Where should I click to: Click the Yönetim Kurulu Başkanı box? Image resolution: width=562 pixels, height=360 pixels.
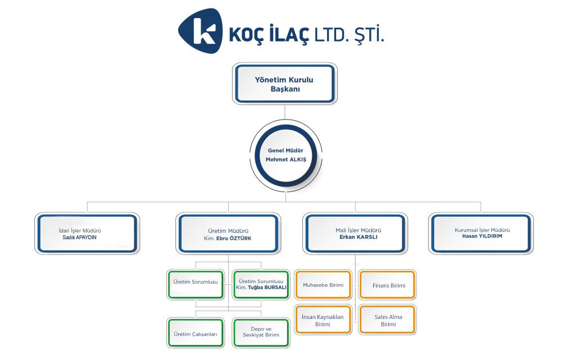285,84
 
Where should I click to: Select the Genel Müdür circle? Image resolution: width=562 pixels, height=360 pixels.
285,156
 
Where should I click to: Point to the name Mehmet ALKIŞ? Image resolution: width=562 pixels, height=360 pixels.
286,160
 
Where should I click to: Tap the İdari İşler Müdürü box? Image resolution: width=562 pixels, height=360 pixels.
87,234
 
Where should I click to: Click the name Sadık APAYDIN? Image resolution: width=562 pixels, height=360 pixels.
80,238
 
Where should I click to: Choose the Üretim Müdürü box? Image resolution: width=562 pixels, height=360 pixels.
228,234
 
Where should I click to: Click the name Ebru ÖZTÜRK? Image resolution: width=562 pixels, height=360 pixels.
234,238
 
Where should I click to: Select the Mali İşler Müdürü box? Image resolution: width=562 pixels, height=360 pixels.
355,234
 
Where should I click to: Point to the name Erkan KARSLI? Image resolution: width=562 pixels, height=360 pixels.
359,237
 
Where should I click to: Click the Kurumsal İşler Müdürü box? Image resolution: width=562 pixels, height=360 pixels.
481,234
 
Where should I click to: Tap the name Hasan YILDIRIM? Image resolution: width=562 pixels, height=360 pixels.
482,236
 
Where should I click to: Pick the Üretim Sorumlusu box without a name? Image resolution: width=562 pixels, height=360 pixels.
196,284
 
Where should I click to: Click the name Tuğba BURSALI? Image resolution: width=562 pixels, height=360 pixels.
267,288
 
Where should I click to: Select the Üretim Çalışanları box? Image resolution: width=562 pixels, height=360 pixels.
196,333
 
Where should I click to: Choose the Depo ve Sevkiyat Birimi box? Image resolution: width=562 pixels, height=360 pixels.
261,333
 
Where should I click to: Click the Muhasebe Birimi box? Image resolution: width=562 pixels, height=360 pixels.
323,284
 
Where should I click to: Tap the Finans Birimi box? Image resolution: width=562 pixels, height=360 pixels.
388,284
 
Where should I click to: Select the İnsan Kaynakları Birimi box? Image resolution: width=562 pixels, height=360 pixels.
323,320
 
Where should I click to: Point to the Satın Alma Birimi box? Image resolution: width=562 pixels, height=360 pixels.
388,320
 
